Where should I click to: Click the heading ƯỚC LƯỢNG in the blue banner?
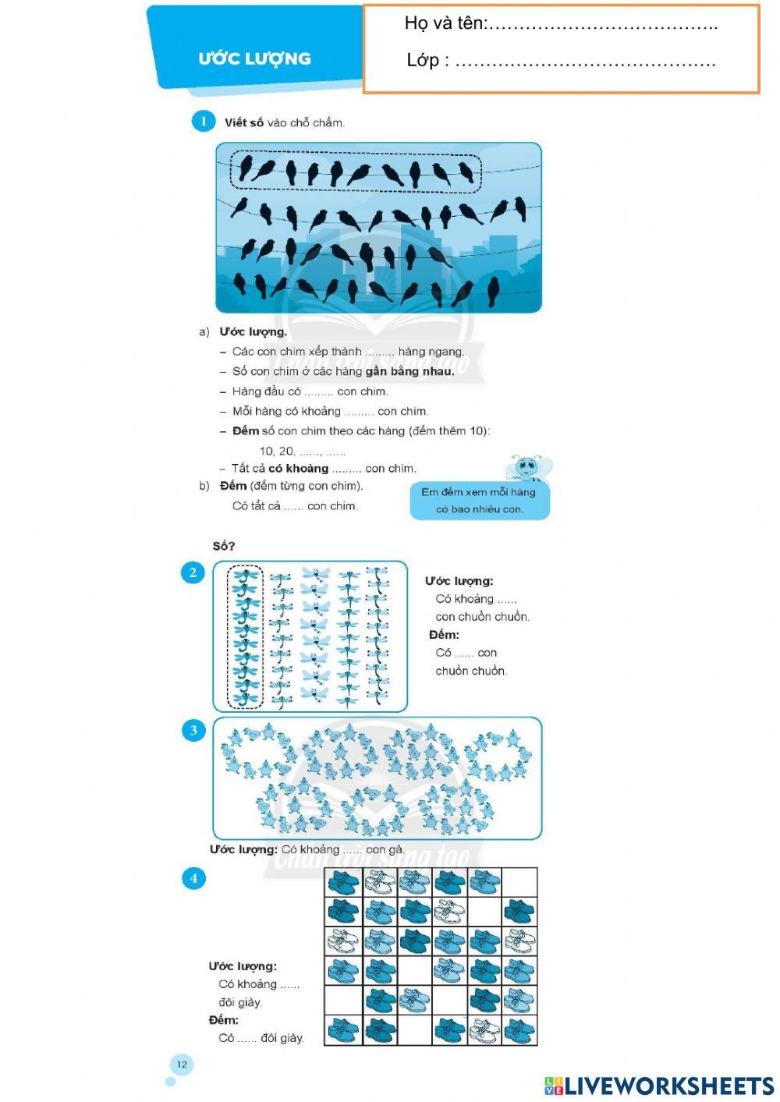[254, 58]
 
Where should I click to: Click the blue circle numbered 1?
[204, 121]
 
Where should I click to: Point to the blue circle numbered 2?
[193, 572]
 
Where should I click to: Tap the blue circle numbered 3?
[193, 731]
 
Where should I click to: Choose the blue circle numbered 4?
[193, 878]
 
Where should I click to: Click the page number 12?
[182, 1065]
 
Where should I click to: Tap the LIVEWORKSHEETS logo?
[659, 1086]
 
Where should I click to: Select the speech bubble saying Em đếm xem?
[479, 501]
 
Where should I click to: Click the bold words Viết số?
[243, 122]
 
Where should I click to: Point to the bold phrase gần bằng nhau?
[409, 371]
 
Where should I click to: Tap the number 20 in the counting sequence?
[286, 451]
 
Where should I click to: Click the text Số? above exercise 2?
[224, 546]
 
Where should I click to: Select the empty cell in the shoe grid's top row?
[519, 883]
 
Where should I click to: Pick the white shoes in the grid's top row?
[378, 883]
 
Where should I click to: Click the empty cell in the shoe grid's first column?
[342, 1000]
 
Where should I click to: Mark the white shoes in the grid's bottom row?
[484, 1029]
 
